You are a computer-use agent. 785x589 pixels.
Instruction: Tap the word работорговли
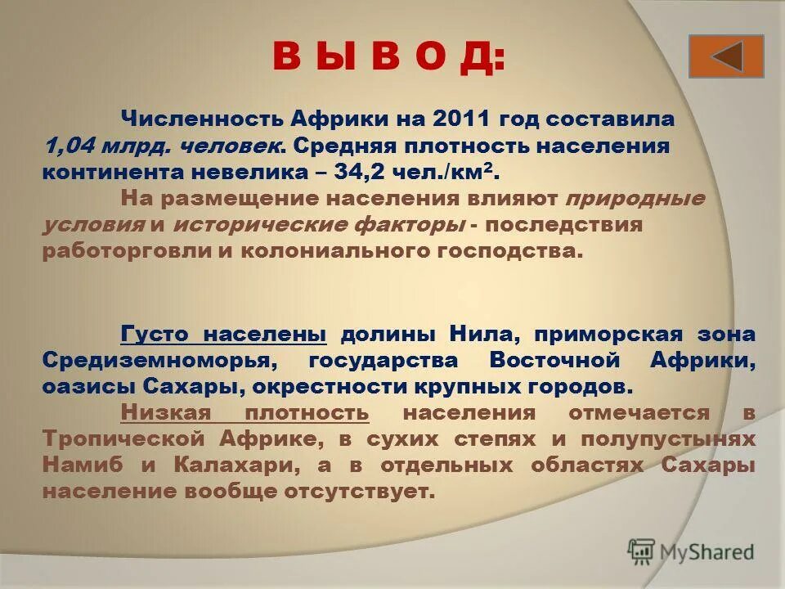126,251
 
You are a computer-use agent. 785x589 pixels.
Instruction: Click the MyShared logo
691,551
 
